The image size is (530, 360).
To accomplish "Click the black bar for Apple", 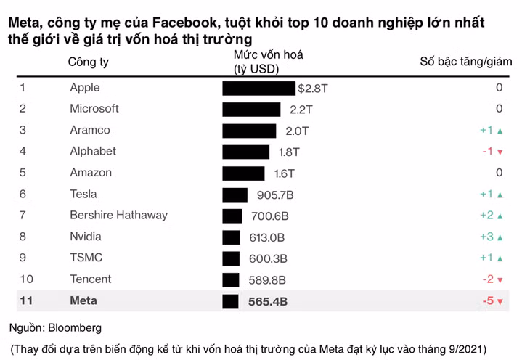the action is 259,89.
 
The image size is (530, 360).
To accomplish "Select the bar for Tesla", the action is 235,195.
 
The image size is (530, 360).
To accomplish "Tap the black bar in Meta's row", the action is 231,301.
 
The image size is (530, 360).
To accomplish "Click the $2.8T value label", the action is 313,89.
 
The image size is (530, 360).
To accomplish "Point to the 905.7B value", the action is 275,195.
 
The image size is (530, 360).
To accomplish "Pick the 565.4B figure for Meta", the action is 268,301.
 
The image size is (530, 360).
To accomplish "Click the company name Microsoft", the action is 94,108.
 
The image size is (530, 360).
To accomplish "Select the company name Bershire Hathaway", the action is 118,215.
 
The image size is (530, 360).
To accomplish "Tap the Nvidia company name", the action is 86,237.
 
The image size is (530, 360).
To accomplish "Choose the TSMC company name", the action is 86,258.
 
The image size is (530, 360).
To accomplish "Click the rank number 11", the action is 26,300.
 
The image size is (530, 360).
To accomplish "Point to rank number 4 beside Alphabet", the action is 23,151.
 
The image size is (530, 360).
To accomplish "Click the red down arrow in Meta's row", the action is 500,301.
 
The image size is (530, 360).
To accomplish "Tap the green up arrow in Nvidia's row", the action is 500,237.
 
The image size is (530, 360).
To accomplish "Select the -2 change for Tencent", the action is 488,279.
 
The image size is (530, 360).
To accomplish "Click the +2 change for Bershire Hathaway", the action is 487,215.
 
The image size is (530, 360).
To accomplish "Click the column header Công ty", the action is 89,62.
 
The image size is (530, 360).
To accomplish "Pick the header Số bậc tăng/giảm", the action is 466,62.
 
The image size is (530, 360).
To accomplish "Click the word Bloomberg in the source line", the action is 75,327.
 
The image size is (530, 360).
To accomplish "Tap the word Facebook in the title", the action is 184,22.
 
